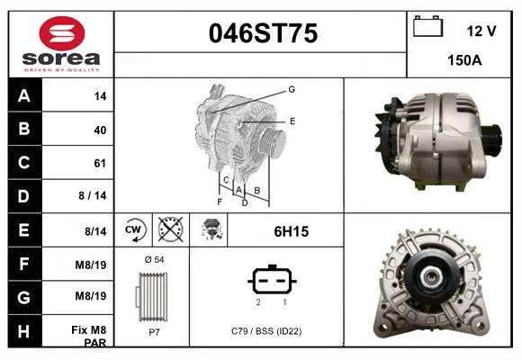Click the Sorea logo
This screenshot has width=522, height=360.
pyautogui.click(x=61, y=45)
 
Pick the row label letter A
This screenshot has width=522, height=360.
pyautogui.click(x=24, y=95)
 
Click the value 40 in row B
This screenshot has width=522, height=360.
pyautogui.click(x=100, y=130)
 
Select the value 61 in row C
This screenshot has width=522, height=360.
pyautogui.click(x=100, y=164)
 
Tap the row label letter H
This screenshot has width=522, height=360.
pyautogui.click(x=24, y=331)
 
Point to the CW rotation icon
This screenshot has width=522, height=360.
pyautogui.click(x=134, y=230)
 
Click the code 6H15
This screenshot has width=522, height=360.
pyautogui.click(x=291, y=231)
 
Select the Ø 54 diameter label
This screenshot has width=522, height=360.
pyautogui.click(x=153, y=259)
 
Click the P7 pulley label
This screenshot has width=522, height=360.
pyautogui.click(x=153, y=330)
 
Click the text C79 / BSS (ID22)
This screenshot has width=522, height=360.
pyautogui.click(x=267, y=330)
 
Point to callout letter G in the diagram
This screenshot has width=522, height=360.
pyautogui.click(x=292, y=89)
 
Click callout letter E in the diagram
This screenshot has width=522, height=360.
pyautogui.click(x=292, y=120)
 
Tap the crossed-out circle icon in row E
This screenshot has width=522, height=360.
pyautogui.click(x=170, y=230)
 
